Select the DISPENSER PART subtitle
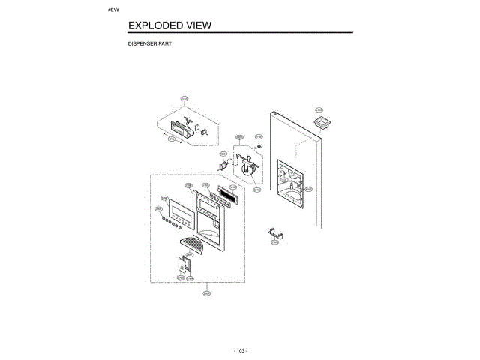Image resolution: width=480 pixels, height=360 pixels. [x=150, y=45]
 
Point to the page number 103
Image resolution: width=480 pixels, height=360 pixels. [x=240, y=350]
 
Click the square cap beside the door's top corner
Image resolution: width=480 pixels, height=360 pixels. [x=322, y=123]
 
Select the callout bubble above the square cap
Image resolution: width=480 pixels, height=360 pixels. [x=319, y=109]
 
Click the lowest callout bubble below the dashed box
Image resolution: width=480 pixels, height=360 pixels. [x=206, y=293]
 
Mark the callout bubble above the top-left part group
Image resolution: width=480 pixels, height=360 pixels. [x=184, y=98]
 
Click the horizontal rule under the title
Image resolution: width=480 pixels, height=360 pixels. [x=240, y=34]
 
